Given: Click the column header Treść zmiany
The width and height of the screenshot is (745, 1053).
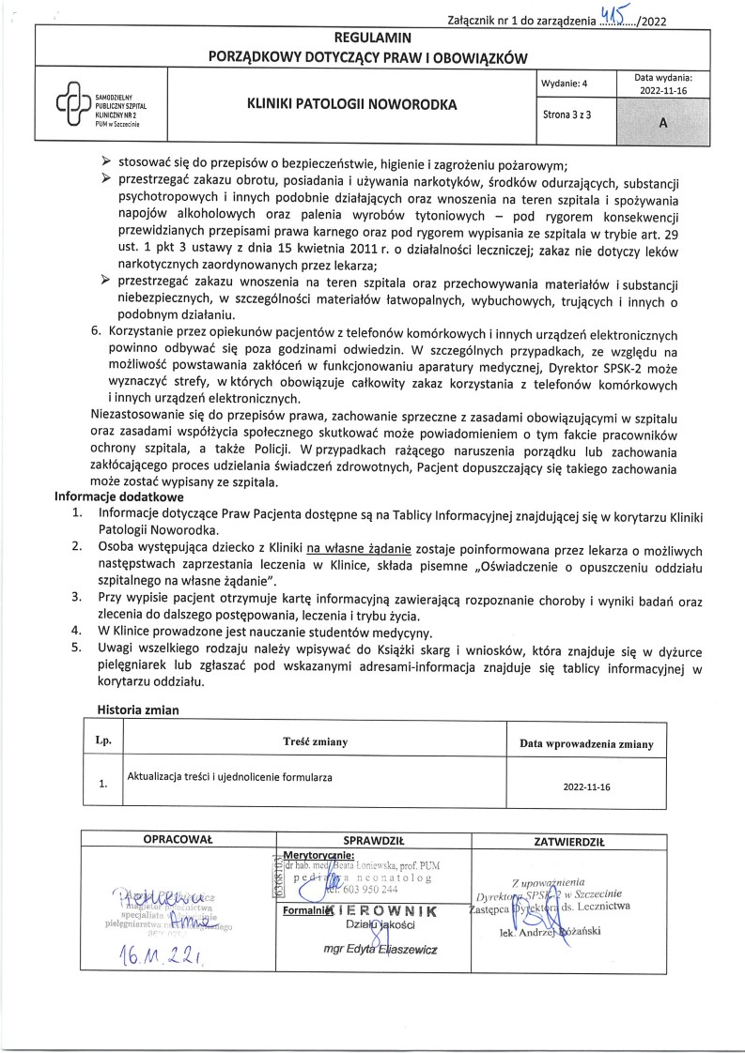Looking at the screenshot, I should [315, 742].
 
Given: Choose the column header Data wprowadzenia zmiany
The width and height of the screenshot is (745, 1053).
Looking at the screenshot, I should [586, 743].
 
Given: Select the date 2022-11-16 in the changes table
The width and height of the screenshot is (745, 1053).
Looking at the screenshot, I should [586, 787].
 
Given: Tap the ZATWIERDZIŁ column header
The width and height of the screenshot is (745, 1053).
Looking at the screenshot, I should [569, 841].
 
